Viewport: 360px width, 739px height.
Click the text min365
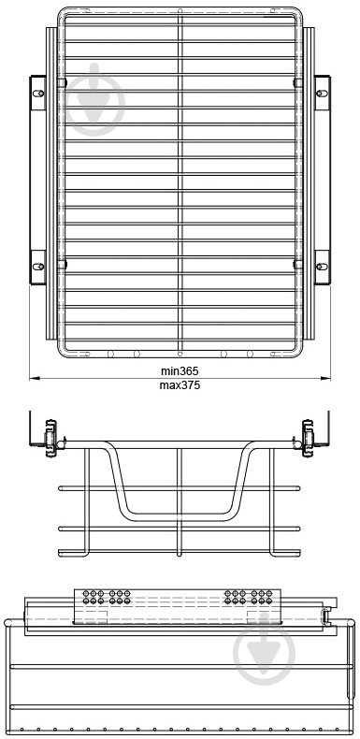(x=180, y=371)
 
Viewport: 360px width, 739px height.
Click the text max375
(x=180, y=385)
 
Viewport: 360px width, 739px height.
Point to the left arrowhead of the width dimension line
(x=34, y=378)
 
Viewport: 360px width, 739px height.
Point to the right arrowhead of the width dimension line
(x=325, y=378)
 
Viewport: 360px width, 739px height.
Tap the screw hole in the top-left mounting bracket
(x=38, y=93)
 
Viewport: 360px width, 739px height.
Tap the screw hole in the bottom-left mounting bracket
(x=38, y=267)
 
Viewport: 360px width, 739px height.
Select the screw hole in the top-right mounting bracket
(x=322, y=93)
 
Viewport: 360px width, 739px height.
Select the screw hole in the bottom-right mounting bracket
(x=322, y=267)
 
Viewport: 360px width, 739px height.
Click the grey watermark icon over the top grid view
(x=95, y=100)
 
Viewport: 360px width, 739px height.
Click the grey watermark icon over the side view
(x=265, y=649)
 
